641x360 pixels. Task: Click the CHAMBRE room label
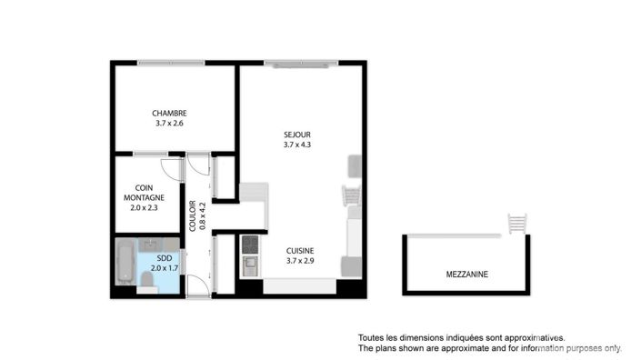point(170,114)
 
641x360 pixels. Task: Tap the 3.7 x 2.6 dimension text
point(170,124)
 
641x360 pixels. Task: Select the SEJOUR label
point(297,134)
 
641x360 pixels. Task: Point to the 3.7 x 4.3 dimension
point(297,144)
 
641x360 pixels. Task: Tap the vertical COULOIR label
point(193,216)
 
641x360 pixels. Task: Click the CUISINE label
point(301,251)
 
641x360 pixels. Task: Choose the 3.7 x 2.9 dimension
point(301,262)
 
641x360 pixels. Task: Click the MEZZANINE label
point(466,273)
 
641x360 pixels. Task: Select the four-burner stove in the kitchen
point(249,244)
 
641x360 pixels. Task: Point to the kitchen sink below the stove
point(249,265)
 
